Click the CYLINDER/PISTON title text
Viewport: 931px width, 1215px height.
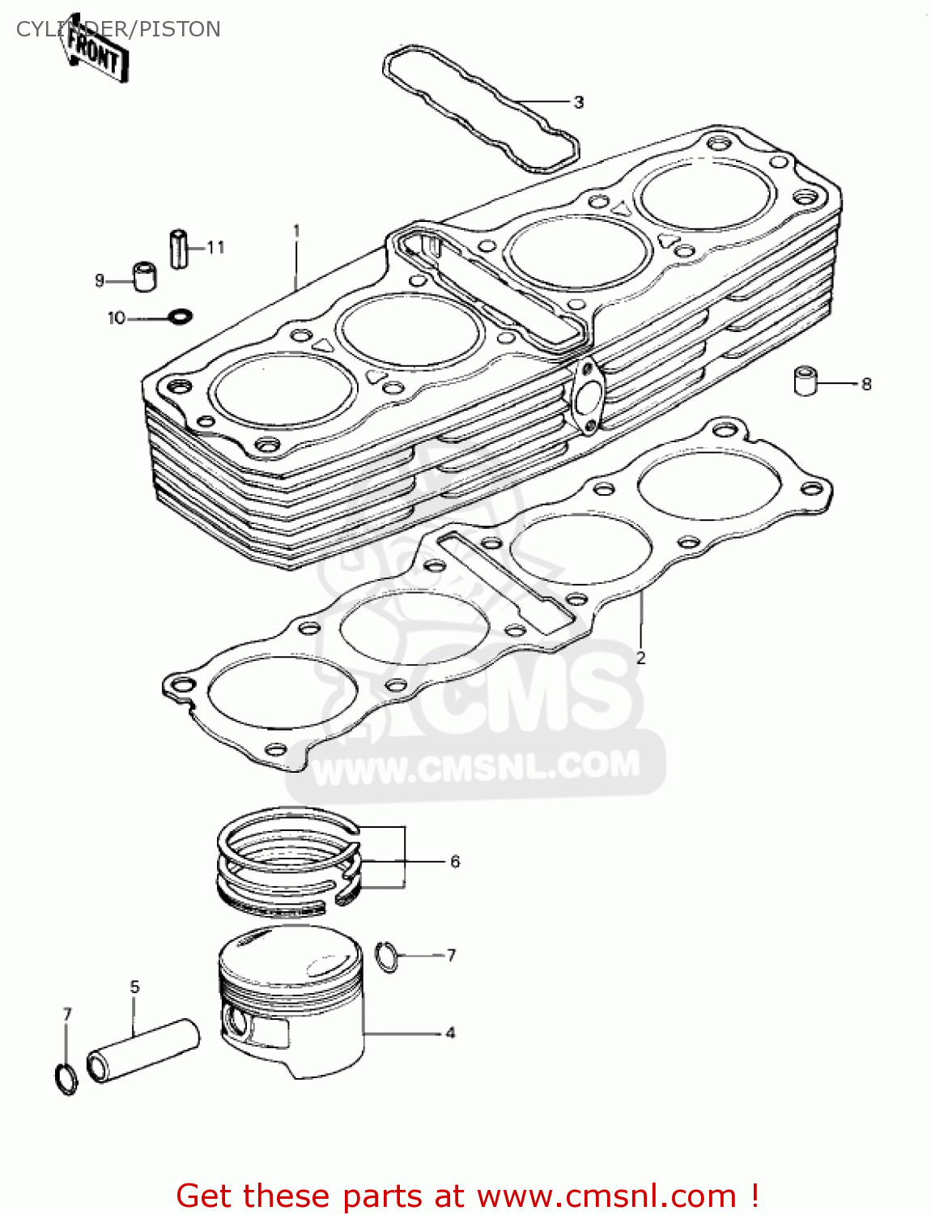pyautogui.click(x=118, y=29)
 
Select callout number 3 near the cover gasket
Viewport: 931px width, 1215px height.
pyautogui.click(x=578, y=103)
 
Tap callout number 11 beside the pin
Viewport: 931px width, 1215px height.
pyautogui.click(x=215, y=247)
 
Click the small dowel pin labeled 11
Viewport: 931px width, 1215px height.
pyautogui.click(x=178, y=249)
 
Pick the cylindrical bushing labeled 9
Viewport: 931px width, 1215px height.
pyautogui.click(x=144, y=276)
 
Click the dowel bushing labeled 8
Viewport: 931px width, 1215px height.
pyautogui.click(x=806, y=381)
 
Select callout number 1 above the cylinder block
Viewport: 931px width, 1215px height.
pyautogui.click(x=296, y=231)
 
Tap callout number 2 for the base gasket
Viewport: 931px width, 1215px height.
pyautogui.click(x=640, y=658)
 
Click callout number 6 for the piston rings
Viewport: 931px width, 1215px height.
pyautogui.click(x=455, y=862)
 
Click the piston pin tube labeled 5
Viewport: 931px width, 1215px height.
pyautogui.click(x=143, y=1050)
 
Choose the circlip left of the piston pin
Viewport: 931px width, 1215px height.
pyautogui.click(x=66, y=1079)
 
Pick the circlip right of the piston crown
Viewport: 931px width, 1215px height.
pyautogui.click(x=388, y=957)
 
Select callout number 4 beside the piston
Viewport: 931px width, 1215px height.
pyautogui.click(x=450, y=1033)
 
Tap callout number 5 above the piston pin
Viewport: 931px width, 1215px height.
pyautogui.click(x=134, y=987)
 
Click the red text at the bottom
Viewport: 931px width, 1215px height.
pyautogui.click(x=467, y=1196)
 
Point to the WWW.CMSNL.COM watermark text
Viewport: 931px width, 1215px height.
pyautogui.click(x=476, y=767)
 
